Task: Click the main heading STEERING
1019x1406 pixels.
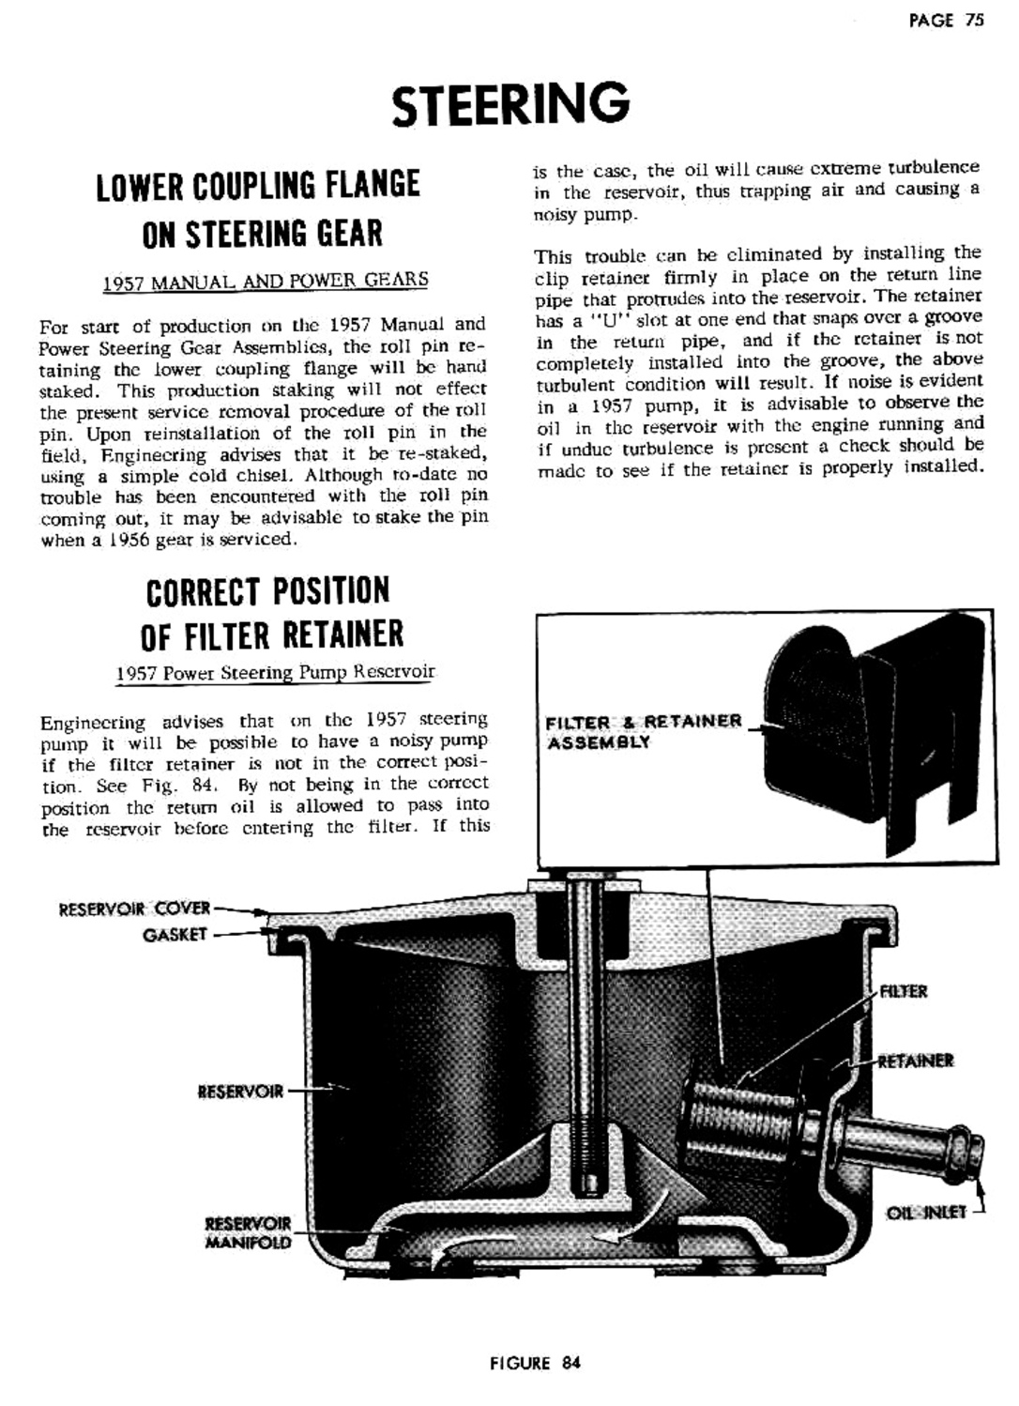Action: coord(510,104)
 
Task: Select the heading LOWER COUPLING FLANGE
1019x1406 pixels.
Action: coord(258,185)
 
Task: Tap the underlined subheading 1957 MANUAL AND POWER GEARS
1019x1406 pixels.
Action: coord(266,281)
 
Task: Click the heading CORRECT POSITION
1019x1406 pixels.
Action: coord(267,591)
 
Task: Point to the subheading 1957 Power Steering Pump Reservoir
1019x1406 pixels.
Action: coord(275,672)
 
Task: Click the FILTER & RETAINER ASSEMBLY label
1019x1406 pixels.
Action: coord(644,731)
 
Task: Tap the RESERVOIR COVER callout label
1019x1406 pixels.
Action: coord(135,909)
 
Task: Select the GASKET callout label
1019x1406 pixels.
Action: coord(175,935)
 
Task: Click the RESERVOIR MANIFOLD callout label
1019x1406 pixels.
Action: coord(248,1232)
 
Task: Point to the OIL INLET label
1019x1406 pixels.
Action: coord(926,1213)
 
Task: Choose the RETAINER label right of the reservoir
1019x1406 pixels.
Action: coord(916,1062)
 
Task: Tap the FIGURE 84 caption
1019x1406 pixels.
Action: coord(535,1362)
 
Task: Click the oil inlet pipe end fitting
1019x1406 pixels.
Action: coord(966,1147)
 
